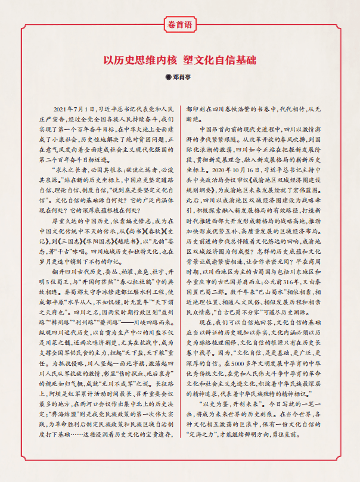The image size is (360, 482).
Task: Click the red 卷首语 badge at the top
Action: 179,26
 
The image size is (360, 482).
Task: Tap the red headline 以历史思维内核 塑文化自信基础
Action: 179,61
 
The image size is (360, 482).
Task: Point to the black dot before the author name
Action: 168,76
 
